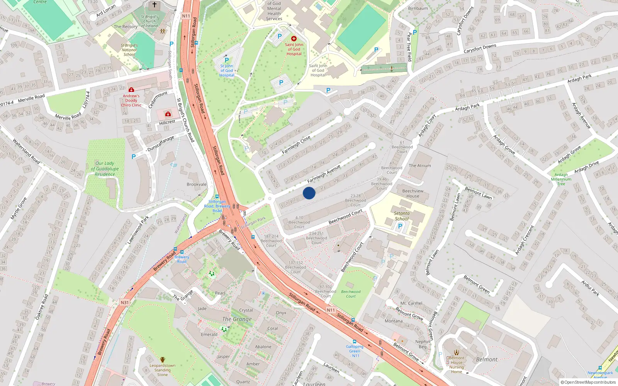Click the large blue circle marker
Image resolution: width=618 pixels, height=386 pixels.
click(309, 193)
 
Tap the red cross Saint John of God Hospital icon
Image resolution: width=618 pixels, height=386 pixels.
click(294, 39)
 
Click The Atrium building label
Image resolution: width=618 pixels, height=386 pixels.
click(420, 166)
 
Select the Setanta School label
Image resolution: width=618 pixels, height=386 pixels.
click(402, 216)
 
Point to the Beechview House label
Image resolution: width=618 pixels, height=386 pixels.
click(413, 193)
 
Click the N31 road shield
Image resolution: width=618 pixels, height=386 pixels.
click(124, 303)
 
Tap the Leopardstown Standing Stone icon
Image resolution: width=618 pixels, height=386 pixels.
click(163, 360)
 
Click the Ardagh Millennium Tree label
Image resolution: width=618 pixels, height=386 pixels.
click(561, 179)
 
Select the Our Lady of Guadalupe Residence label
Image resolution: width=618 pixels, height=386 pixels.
click(105, 169)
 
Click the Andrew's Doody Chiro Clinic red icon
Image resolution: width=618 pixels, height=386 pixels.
click(131, 90)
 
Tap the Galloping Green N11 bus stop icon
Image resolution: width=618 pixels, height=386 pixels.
click(355, 342)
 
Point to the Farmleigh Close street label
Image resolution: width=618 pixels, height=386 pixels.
click(296, 145)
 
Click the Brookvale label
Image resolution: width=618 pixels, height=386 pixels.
click(197, 185)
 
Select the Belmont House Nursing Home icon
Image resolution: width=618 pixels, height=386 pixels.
click(457, 352)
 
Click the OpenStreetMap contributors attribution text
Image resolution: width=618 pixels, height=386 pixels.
click(588, 383)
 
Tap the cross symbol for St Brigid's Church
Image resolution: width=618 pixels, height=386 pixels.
click(154, 5)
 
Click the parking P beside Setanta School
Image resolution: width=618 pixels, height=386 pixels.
click(400, 226)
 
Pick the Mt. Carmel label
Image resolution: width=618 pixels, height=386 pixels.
click(411, 303)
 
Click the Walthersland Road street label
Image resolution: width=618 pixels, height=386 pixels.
click(26, 151)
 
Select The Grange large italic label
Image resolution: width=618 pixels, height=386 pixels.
click(237, 319)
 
